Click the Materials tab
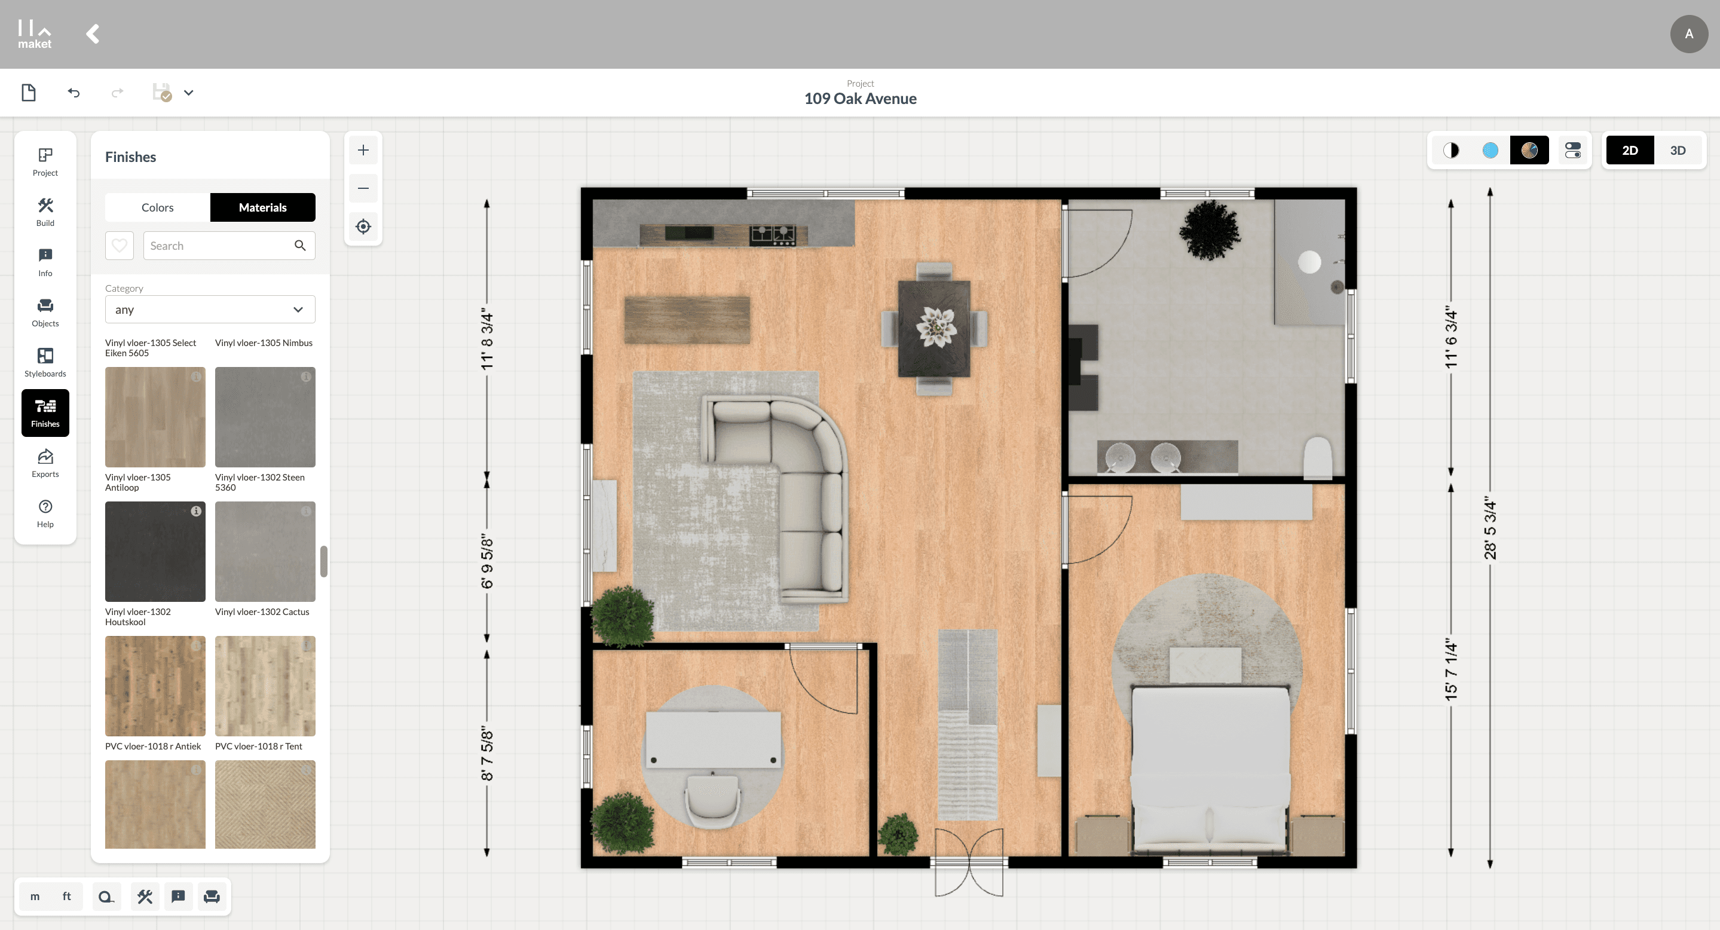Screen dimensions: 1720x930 point(262,207)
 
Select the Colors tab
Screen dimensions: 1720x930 point(158,207)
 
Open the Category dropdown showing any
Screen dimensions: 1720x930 point(210,310)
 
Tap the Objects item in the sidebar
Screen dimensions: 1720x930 point(45,313)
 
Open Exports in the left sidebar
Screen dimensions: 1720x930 point(45,463)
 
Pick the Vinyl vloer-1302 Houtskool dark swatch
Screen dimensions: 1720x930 point(155,552)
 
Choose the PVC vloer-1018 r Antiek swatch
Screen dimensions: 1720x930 point(155,686)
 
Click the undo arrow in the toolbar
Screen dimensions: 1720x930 point(74,93)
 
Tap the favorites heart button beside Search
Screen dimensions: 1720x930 point(120,246)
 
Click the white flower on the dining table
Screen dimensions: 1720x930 point(935,327)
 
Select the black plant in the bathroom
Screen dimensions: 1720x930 point(1209,229)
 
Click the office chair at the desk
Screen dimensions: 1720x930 point(712,800)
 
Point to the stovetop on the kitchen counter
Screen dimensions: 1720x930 point(773,235)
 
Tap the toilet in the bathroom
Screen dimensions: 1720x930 point(1318,457)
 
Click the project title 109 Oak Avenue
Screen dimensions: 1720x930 point(860,99)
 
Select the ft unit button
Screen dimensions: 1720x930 point(67,897)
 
